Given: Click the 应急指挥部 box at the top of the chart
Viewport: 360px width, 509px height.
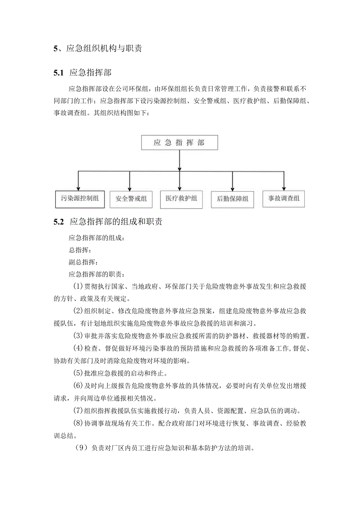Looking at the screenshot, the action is tap(179, 143).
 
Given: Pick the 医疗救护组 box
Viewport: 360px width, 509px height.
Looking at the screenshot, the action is tap(181, 199).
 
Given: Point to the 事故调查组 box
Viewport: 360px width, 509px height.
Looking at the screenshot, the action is tap(284, 199).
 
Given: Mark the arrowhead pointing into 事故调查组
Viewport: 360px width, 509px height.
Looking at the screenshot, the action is tap(284, 188).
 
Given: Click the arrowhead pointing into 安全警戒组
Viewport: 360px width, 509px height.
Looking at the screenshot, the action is tap(130, 188).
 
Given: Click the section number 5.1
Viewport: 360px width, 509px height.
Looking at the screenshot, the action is tap(58, 72).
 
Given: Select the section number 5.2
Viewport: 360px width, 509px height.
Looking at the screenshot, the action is tap(58, 222).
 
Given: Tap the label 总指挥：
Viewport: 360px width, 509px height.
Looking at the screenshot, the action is tap(80, 250).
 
